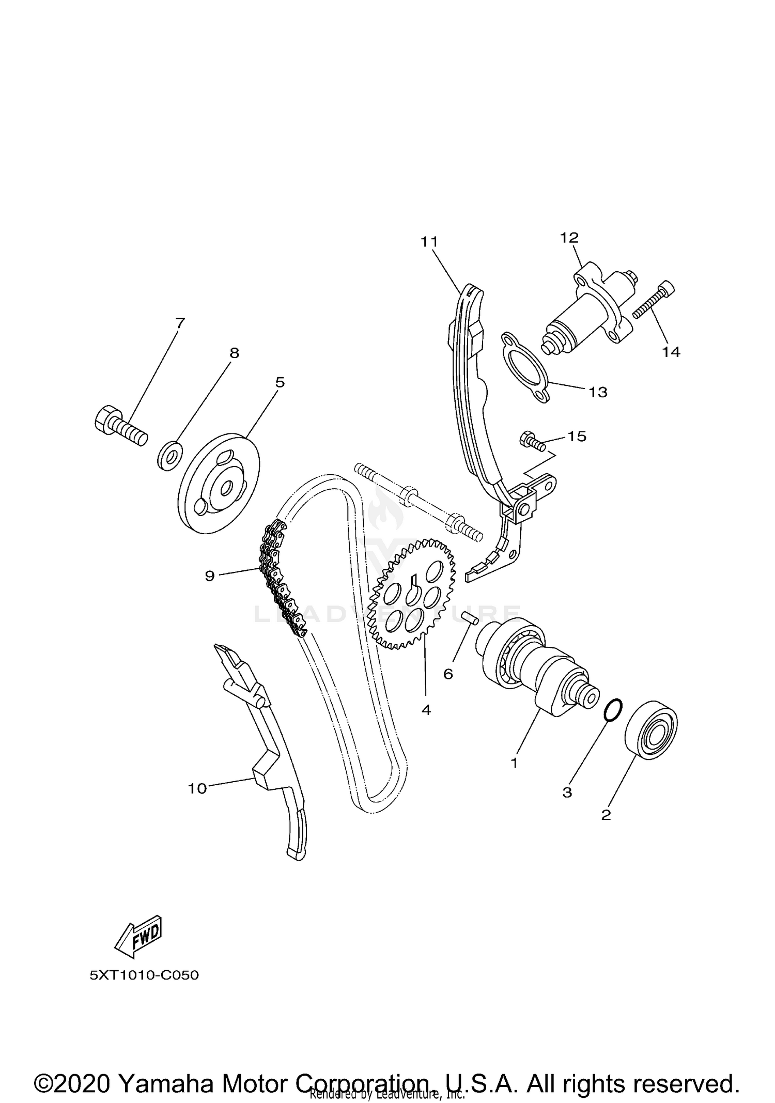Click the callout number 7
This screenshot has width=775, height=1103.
pos(179,324)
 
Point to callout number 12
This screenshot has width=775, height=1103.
pos(569,238)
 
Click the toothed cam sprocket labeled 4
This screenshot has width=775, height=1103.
pos(413,594)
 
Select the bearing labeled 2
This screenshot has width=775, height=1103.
pos(651,729)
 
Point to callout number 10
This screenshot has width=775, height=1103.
pos(197,788)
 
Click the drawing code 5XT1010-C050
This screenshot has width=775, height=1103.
pos(144,975)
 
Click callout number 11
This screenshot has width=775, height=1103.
pos(429,242)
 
